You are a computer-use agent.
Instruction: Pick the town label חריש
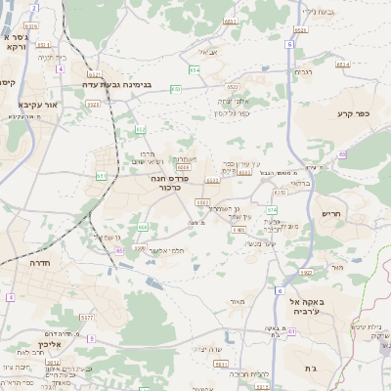(x=328, y=213)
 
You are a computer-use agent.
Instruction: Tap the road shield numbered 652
(x=141, y=129)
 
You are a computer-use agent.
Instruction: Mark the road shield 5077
(x=87, y=318)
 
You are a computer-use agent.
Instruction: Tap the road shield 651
(x=101, y=175)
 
